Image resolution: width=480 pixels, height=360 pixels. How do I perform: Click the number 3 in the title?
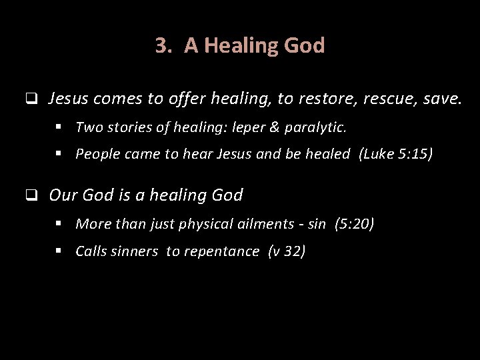pos(161,45)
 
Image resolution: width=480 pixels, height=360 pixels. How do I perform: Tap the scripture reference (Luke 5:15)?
pos(396,154)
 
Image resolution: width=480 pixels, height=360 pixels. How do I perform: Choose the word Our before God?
pos(63,195)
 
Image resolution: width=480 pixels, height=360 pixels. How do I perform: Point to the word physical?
pos(208,223)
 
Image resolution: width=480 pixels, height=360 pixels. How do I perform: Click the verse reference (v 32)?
pos(286,251)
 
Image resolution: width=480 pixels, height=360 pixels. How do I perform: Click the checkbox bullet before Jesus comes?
pos(31,100)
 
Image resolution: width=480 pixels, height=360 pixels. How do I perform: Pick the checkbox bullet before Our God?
pos(31,196)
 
